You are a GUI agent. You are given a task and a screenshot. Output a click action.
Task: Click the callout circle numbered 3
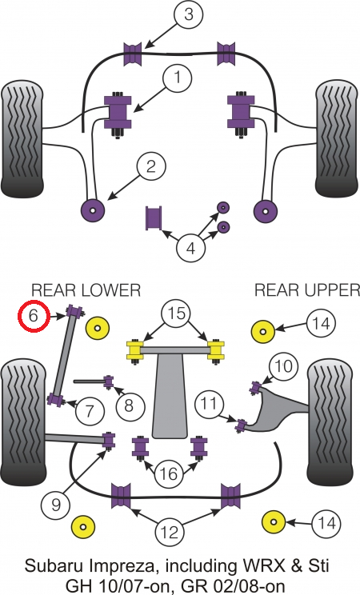(x=189, y=15)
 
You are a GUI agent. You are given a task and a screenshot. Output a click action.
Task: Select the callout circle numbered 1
(x=178, y=78)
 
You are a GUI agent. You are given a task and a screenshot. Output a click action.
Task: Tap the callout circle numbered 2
(x=151, y=166)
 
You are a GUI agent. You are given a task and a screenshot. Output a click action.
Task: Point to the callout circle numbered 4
(x=190, y=249)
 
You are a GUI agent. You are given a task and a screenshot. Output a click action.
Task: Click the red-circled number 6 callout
(x=34, y=316)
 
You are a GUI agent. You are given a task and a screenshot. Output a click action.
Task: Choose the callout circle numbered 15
(x=177, y=313)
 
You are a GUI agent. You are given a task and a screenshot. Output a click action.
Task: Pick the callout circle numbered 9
(x=56, y=505)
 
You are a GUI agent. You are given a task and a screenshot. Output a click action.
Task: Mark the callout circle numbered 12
(x=170, y=533)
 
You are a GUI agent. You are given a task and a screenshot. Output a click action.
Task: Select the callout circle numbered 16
(x=169, y=473)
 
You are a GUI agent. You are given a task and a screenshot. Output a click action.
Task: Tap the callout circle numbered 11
(x=210, y=403)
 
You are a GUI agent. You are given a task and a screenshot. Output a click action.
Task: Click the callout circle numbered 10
(x=284, y=366)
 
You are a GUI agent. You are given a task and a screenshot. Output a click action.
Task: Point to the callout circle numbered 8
(x=129, y=405)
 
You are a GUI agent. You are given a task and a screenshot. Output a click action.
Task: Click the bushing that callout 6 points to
(x=75, y=312)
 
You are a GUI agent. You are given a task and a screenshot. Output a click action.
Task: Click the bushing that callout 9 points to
(x=109, y=441)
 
